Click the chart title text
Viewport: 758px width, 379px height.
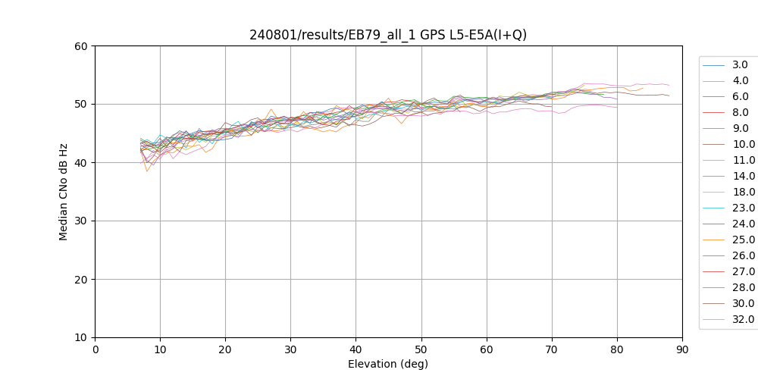388,35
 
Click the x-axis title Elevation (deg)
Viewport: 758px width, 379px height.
388,364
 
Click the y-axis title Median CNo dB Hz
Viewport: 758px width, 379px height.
64,192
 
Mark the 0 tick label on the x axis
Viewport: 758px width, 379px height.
95,349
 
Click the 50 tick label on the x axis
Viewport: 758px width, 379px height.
421,349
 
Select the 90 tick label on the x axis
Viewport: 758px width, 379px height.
682,349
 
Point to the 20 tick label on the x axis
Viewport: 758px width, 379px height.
225,349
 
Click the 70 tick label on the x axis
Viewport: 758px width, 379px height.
552,349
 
